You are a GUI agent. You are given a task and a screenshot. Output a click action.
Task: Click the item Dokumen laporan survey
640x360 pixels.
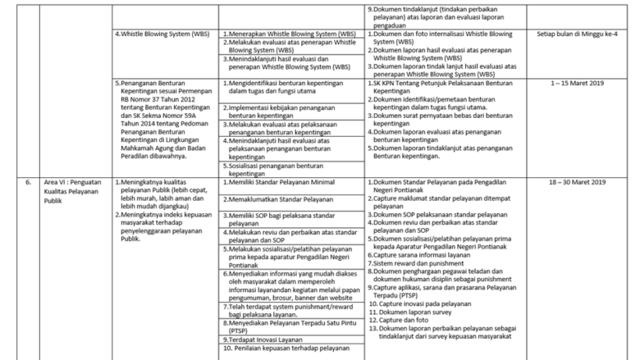coord(414,312)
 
